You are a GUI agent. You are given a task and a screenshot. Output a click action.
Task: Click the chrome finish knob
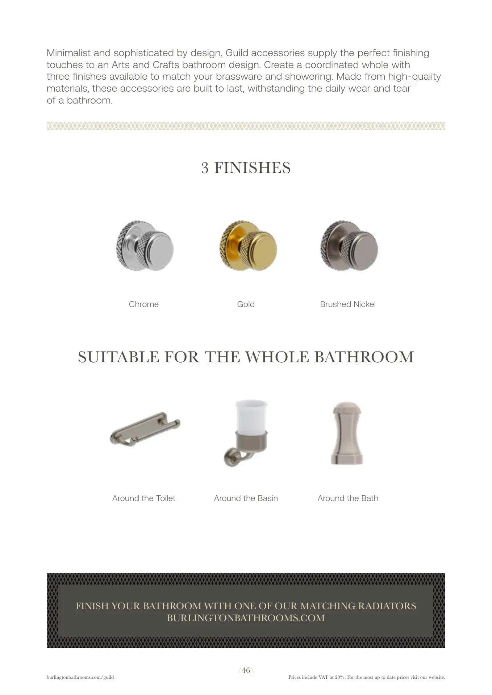145,245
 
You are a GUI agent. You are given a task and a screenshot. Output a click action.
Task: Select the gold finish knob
248,245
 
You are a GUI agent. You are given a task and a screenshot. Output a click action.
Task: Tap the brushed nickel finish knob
349,245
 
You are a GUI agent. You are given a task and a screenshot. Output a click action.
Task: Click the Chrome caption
143,304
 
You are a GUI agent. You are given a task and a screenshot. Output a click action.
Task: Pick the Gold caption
246,304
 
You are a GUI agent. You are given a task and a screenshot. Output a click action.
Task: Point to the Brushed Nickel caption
347,304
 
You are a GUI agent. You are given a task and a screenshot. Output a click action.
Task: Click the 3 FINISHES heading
246,168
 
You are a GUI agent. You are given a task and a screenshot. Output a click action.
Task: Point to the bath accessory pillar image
347,433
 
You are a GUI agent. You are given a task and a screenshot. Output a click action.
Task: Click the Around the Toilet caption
143,498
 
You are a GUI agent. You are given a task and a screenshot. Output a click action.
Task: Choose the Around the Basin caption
246,498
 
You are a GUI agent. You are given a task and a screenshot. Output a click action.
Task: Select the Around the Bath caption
347,498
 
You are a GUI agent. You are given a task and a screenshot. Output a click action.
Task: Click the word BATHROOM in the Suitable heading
364,357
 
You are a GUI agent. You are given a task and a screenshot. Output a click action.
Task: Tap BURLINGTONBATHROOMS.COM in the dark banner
246,618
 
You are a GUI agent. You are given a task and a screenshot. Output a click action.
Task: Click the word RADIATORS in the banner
387,606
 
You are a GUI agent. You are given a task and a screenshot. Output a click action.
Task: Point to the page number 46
246,670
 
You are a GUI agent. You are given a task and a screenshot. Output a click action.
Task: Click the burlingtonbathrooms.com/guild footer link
80,677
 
